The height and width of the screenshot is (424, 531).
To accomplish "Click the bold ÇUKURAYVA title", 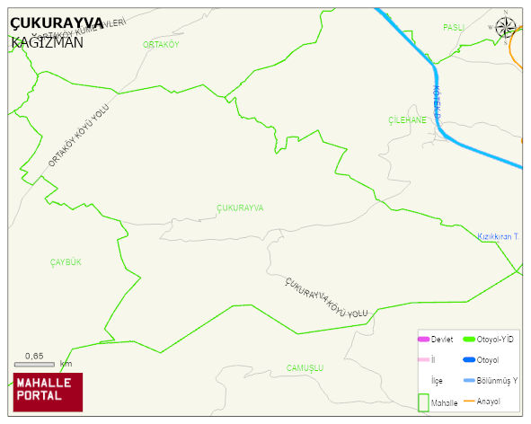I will point(56,24).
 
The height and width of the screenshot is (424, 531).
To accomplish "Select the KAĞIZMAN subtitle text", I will point(48,42).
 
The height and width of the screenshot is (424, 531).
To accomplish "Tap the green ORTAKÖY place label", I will point(161,44).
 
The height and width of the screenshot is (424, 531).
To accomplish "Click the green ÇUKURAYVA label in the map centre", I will point(240,208).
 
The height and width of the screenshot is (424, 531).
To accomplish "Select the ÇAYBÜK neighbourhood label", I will point(66,261).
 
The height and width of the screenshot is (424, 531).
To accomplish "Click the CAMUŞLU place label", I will point(304,368).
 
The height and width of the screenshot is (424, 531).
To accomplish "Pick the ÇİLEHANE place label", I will point(407,119).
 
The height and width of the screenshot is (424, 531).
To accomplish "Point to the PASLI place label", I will point(453,28).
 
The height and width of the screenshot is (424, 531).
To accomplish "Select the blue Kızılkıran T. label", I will point(500,236).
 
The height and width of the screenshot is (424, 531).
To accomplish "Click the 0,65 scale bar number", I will point(34,357).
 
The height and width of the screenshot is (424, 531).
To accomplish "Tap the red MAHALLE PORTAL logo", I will point(48,391).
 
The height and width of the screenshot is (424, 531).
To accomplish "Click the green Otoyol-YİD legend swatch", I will point(468,340).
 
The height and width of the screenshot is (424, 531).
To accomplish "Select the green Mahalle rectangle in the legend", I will point(422,403).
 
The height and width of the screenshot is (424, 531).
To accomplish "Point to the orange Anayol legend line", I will point(468,401).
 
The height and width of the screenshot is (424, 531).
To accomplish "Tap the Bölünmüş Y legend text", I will point(498,380).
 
